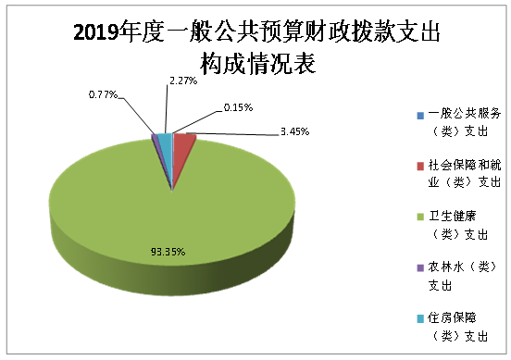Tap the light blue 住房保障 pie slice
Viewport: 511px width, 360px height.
tap(165, 141)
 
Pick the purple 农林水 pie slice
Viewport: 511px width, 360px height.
tap(156, 142)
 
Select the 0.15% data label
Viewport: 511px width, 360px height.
tap(239, 107)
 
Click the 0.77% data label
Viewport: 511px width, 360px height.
tap(104, 94)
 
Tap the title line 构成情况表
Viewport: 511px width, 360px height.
tap(255, 64)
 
